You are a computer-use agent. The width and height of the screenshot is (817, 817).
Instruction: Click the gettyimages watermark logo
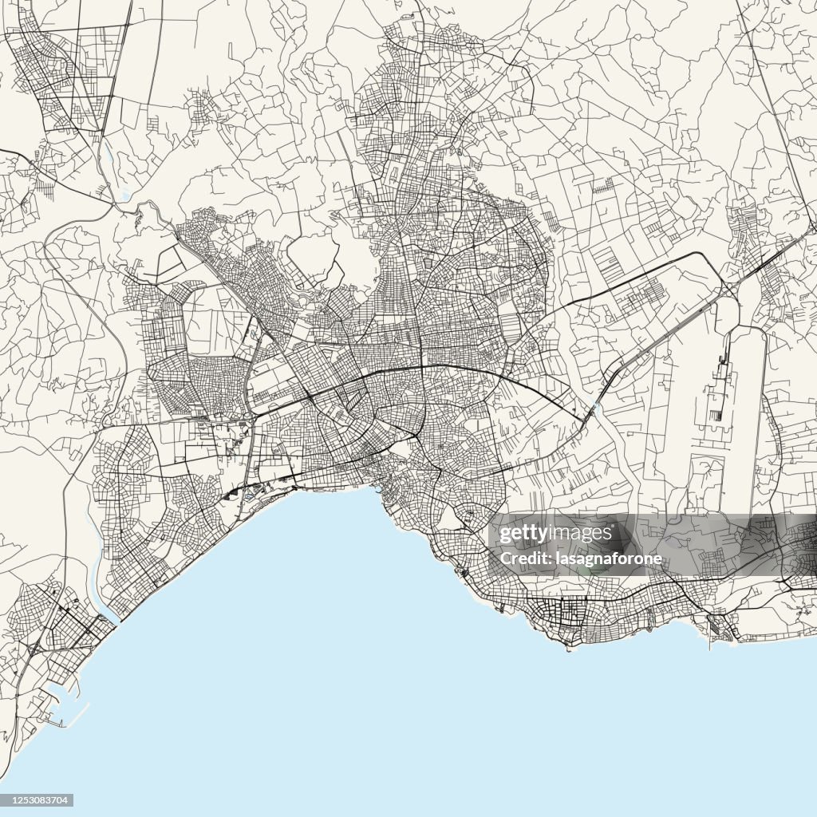tap(555, 533)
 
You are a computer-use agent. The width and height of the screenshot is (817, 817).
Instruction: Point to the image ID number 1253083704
tap(39, 800)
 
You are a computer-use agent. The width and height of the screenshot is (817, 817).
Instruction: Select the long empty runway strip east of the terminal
tap(750, 415)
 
